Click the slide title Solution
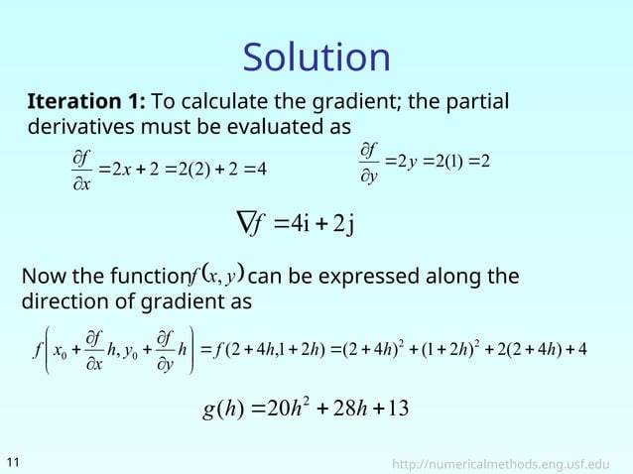(x=316, y=57)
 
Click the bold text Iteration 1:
(x=87, y=103)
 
